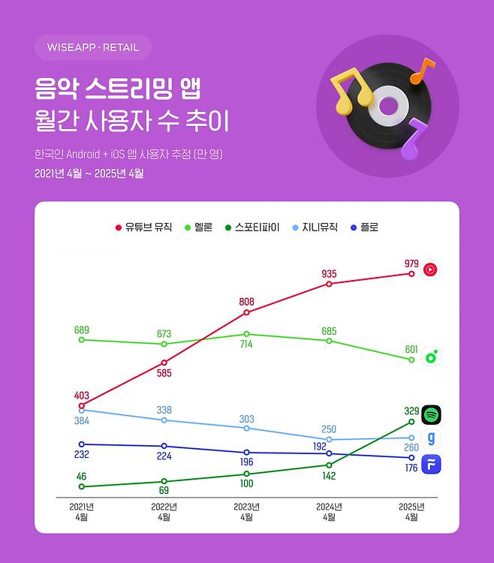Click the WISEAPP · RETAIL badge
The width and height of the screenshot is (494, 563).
(93, 47)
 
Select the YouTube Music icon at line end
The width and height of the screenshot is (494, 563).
(430, 269)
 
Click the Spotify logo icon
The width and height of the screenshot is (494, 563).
(430, 414)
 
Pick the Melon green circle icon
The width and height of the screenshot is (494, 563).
(430, 357)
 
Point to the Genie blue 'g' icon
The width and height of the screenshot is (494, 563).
(430, 439)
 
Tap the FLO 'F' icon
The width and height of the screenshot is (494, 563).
(430, 464)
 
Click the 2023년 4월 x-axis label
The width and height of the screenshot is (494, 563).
(246, 511)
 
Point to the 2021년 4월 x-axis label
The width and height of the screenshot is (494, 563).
(81, 511)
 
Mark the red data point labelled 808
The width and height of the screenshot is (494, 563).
(246, 312)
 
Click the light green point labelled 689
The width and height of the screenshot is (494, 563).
(81, 340)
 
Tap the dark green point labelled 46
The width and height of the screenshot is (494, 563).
(81, 486)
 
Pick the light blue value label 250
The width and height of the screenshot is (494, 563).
(329, 429)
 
